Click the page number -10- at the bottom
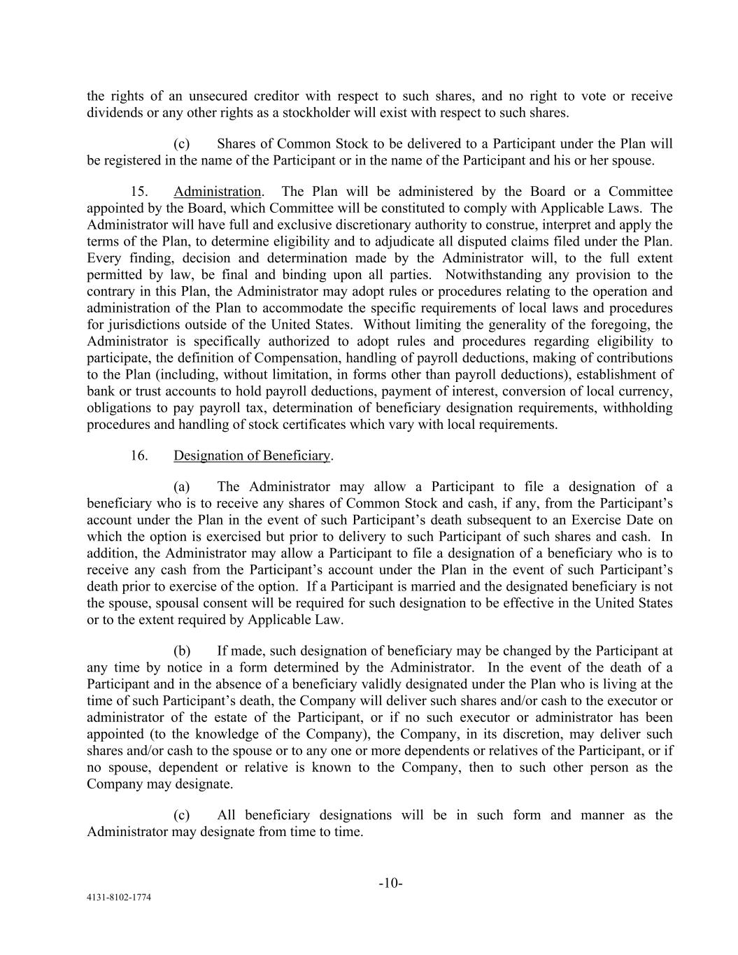pyautogui.click(x=390, y=884)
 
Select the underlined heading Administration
pyautogui.click(x=217, y=192)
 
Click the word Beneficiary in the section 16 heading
pyautogui.click(x=296, y=455)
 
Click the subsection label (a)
pyautogui.click(x=182, y=487)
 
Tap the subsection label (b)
pyautogui.click(x=182, y=651)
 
